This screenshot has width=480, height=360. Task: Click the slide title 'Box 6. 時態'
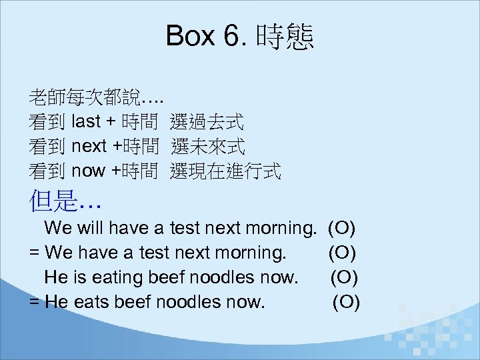coord(240,36)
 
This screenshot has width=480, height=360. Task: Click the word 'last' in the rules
coord(85,122)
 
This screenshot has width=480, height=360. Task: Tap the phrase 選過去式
coord(207,122)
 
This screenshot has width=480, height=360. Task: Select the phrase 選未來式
coord(207,146)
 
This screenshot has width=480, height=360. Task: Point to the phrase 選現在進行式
coord(225,171)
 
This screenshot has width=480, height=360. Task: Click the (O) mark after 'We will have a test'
coord(342,229)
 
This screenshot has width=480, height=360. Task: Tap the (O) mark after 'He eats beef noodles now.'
coord(346,302)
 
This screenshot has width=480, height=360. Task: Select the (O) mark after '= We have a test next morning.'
coord(342,253)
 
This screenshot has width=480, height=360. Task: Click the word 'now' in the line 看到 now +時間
coord(88,171)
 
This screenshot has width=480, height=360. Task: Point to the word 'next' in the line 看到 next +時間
coord(89,147)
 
